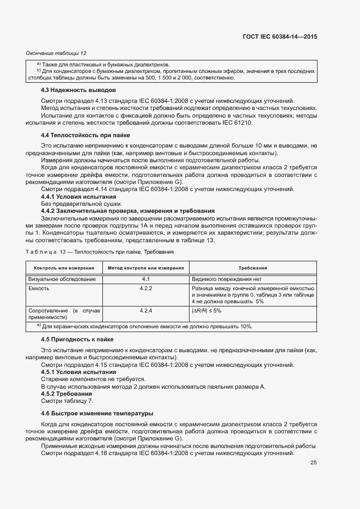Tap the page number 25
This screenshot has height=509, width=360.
point(313,463)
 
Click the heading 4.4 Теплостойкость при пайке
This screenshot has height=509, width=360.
point(86,134)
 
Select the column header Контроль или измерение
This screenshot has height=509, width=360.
point(64,268)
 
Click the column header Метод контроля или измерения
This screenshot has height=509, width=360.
point(145,268)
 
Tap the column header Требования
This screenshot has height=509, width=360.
point(253,268)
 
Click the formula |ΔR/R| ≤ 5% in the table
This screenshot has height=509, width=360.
point(206,310)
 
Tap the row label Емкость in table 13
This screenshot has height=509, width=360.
point(39,287)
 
